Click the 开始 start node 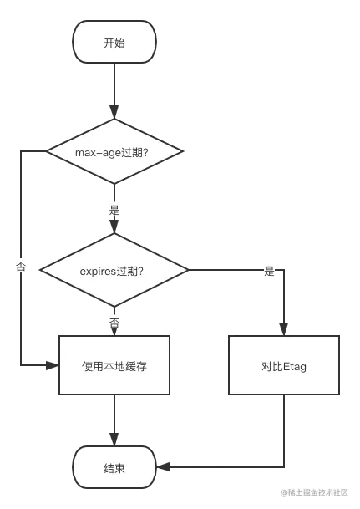114,43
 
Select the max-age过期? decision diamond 114,152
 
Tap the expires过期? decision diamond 114,271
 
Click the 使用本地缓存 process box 114,365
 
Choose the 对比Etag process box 284,365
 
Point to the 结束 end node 114,468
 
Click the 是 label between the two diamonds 114,210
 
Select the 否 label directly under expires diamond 114,322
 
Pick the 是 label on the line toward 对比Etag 268,271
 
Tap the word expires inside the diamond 98,271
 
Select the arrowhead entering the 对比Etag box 284,326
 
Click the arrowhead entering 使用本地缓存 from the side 48,365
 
